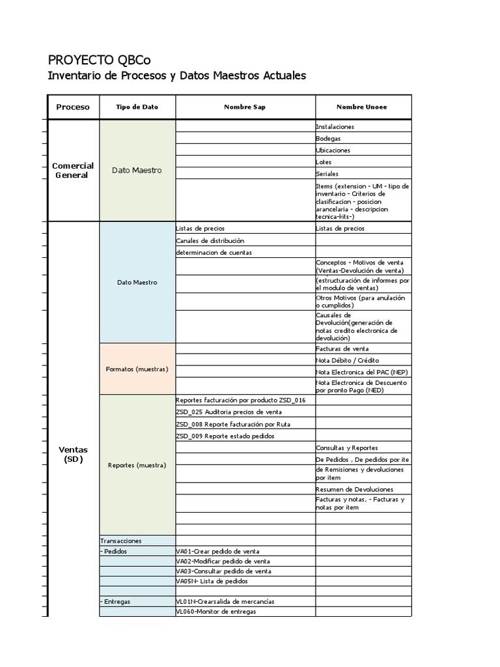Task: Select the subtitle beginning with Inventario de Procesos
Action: click(177, 76)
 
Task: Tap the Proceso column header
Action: click(73, 107)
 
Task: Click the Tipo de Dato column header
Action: click(137, 107)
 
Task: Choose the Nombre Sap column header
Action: click(245, 107)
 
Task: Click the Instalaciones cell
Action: click(335, 126)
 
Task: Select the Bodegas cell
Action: click(328, 138)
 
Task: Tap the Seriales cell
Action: click(329, 174)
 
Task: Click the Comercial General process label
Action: click(73, 170)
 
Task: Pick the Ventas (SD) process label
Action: click(73, 454)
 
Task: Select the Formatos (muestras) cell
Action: click(137, 369)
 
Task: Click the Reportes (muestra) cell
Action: click(137, 465)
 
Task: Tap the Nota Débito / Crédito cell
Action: click(347, 360)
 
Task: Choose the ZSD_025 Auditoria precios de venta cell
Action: click(229, 412)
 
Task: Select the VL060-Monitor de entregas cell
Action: click(216, 612)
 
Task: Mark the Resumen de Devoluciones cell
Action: click(354, 489)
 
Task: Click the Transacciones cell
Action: click(121, 541)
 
